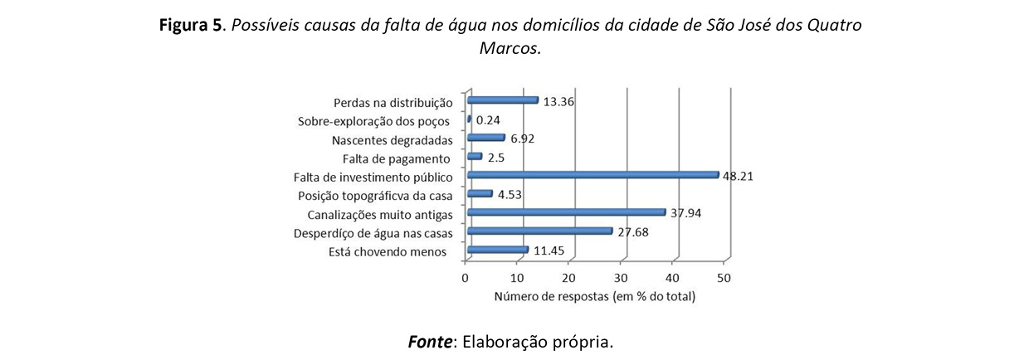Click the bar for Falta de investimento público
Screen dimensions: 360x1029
[x=593, y=175]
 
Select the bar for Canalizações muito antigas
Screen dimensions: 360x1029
[x=566, y=212]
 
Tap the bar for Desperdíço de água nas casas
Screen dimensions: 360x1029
[x=539, y=231]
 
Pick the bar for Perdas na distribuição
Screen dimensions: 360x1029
[x=503, y=100]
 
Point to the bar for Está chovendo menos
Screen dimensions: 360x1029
[x=498, y=250]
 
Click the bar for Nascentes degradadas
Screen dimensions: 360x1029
[x=486, y=138]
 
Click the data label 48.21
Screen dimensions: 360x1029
[x=738, y=176]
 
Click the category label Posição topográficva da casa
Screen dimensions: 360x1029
[x=374, y=196]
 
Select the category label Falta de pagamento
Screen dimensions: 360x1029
[x=396, y=158]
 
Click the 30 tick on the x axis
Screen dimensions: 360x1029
[x=621, y=277]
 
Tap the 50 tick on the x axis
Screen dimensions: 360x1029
[x=724, y=277]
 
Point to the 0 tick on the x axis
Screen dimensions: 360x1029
[x=466, y=277]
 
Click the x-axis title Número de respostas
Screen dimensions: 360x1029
[x=595, y=296]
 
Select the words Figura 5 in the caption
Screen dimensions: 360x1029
[x=190, y=25]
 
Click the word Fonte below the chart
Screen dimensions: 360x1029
[x=430, y=341]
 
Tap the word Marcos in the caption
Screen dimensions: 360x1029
[x=509, y=48]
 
